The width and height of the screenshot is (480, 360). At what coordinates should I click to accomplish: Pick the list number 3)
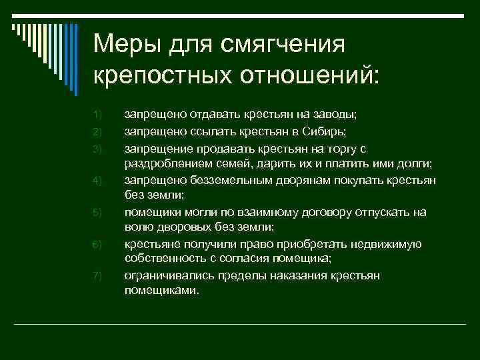pos(97,147)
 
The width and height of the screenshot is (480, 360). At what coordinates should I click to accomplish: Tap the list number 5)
pos(97,212)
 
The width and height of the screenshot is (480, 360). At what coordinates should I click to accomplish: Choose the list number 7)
pos(97,276)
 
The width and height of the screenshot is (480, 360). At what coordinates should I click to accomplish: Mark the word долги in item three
pos(413,163)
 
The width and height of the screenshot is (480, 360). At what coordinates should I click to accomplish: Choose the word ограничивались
pos(165,276)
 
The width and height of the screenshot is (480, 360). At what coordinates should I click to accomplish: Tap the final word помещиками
pos(161,291)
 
